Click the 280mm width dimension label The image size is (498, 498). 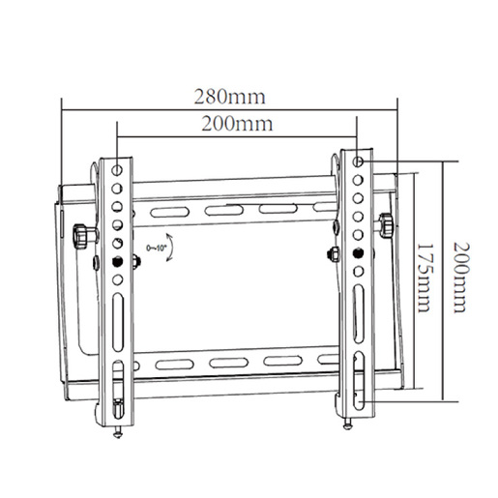click(x=228, y=97)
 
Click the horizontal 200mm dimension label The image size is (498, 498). click(x=236, y=124)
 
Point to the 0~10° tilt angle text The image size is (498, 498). click(x=155, y=249)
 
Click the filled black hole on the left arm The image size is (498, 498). click(x=117, y=262)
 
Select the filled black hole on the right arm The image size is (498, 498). click(x=357, y=253)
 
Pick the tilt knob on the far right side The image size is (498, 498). click(x=387, y=224)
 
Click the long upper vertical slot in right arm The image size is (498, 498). click(x=357, y=308)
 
